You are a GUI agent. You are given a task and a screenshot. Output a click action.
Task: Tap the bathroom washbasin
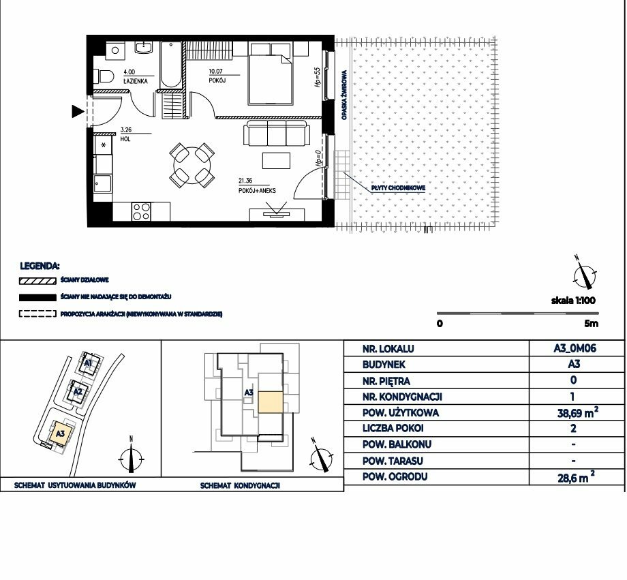142,47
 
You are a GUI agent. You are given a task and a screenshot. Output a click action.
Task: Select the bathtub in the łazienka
171,65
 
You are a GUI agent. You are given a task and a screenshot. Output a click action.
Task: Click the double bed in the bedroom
270,74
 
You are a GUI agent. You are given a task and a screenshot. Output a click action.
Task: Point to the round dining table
192,165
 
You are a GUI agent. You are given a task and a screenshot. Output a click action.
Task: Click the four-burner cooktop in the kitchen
141,211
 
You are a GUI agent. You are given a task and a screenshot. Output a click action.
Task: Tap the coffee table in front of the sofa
276,160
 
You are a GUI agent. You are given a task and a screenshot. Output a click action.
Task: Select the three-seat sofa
277,133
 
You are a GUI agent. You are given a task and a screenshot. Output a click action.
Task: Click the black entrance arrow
78,111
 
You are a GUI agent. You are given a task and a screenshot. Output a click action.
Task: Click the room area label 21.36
245,181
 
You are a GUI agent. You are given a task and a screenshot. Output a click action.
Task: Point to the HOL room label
125,139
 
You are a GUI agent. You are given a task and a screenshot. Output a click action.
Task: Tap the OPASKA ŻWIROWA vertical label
344,95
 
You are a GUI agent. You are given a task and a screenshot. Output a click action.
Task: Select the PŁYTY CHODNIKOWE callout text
398,187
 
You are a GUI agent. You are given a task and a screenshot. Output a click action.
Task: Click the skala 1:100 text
573,301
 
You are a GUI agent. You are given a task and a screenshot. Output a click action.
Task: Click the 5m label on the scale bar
592,323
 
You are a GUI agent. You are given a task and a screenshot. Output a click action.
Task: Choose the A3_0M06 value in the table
575,348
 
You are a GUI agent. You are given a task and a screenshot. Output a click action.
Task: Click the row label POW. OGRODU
395,477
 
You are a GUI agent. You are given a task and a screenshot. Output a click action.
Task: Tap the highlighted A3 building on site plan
61,433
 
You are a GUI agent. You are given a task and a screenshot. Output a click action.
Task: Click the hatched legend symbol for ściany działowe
37,281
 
